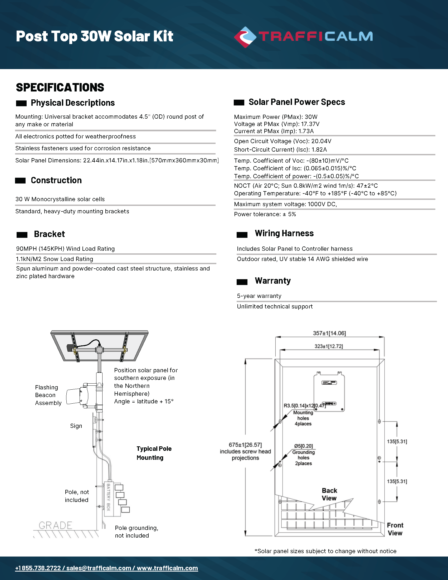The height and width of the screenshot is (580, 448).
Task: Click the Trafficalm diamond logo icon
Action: click(245, 37)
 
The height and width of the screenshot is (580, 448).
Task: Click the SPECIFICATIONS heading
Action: click(60, 88)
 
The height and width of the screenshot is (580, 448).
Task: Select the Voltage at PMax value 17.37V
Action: click(310, 124)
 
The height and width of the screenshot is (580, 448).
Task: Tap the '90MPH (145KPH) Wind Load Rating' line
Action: click(66, 249)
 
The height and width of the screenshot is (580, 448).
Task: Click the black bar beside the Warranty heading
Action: click(242, 282)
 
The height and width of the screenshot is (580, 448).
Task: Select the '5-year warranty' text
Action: click(259, 296)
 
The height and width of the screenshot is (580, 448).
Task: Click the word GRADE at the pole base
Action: click(55, 525)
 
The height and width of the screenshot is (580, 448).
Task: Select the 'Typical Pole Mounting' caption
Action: click(154, 453)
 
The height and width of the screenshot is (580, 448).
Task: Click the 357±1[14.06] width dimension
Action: click(329, 333)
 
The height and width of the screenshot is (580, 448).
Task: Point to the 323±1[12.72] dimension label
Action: click(329, 346)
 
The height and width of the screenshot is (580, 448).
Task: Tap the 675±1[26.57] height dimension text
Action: click(245, 445)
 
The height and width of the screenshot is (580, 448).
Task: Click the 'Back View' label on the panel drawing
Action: click(329, 494)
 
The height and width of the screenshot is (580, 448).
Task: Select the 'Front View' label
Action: click(395, 529)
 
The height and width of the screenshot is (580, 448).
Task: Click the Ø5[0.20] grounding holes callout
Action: click(303, 446)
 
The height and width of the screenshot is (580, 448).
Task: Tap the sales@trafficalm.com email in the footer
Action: click(99, 568)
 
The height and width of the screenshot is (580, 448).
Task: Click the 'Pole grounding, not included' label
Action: click(137, 532)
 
